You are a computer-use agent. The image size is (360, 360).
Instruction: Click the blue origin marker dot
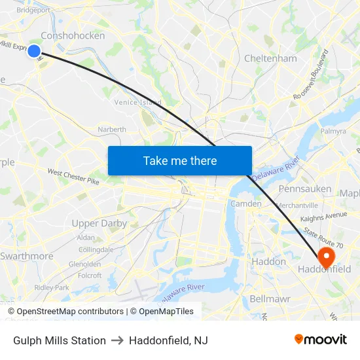34,50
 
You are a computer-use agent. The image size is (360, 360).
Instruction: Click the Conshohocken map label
73,36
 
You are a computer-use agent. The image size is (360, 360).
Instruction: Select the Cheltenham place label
270,58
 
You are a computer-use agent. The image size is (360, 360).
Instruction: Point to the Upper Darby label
99,223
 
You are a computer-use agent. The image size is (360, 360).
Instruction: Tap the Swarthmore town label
27,256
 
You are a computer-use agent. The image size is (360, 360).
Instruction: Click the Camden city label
246,204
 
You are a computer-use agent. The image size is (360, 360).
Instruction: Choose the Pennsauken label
306,189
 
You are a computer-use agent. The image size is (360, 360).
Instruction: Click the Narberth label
112,130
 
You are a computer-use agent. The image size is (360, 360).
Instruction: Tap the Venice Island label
138,103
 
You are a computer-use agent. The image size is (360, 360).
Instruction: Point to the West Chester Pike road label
73,177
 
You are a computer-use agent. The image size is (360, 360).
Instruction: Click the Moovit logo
321,340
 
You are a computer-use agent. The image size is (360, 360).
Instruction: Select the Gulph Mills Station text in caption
60,340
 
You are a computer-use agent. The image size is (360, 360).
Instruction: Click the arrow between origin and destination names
117,340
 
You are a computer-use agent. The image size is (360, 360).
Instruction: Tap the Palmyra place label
333,131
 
